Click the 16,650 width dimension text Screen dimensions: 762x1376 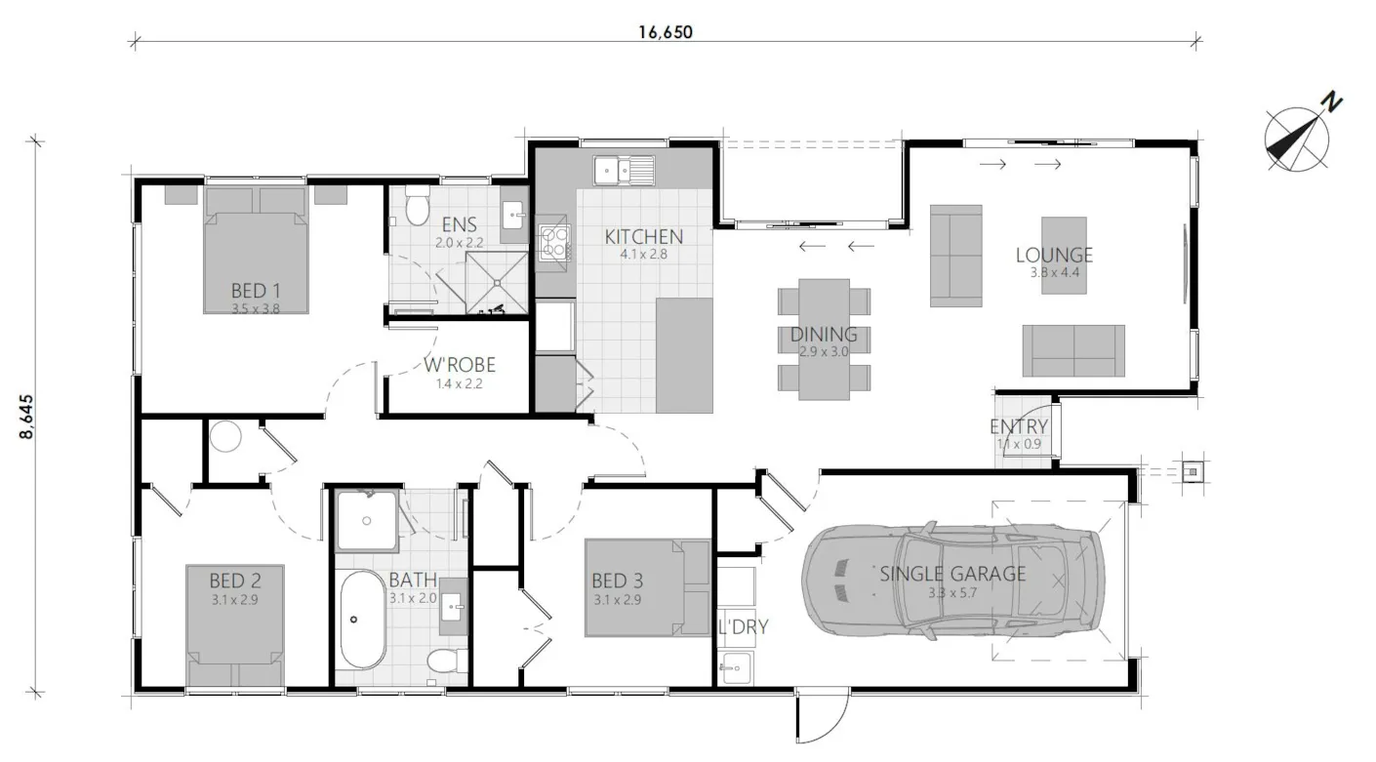(x=666, y=31)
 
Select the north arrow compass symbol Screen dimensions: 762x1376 (x=1300, y=137)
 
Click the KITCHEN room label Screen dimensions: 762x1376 (x=643, y=236)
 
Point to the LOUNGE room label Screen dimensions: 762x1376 (x=1054, y=256)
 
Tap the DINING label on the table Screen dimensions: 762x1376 (x=824, y=335)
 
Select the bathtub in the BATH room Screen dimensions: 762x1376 (x=363, y=619)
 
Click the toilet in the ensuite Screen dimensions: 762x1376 (x=417, y=206)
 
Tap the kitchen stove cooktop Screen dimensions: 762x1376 (x=554, y=241)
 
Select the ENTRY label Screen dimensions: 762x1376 (x=1019, y=427)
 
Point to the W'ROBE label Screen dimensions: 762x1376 (x=460, y=366)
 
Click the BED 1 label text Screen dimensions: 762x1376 (x=256, y=291)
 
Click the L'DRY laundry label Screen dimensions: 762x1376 (x=743, y=626)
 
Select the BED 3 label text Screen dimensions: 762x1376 (x=617, y=582)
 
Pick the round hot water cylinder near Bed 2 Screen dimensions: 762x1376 (x=225, y=436)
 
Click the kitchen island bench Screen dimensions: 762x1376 (x=684, y=355)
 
